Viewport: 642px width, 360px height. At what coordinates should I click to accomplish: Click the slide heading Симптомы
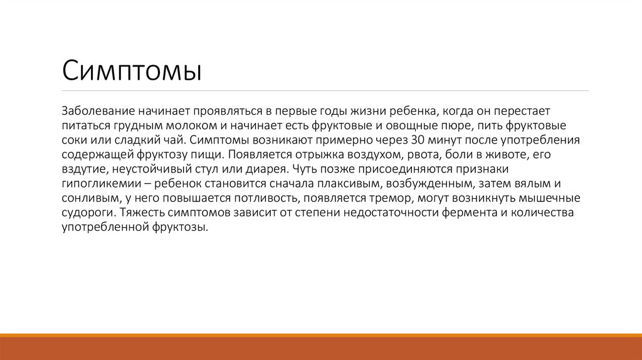tap(131, 70)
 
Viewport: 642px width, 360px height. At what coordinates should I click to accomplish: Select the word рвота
tap(391, 154)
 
